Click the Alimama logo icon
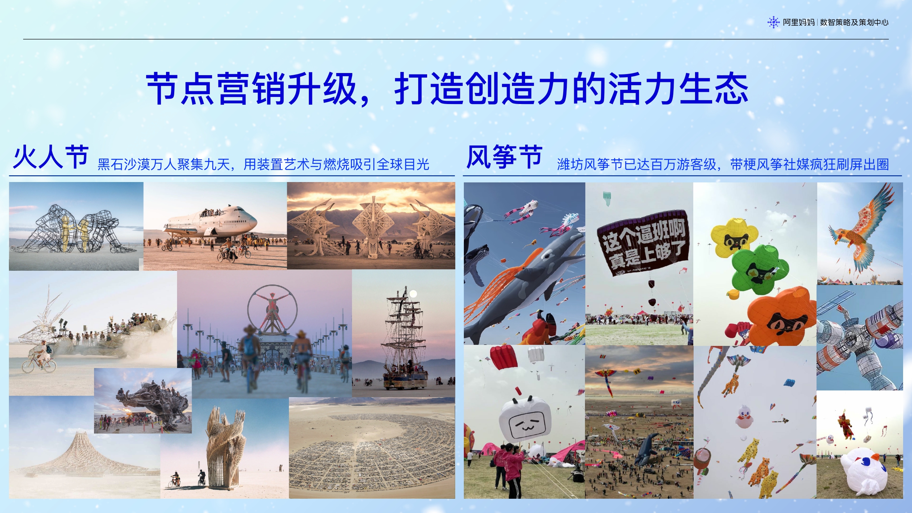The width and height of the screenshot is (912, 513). tap(773, 22)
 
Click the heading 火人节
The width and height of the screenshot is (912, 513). tap(51, 157)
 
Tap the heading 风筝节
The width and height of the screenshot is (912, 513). tap(504, 157)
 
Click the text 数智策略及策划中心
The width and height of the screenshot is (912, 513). tap(854, 22)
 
